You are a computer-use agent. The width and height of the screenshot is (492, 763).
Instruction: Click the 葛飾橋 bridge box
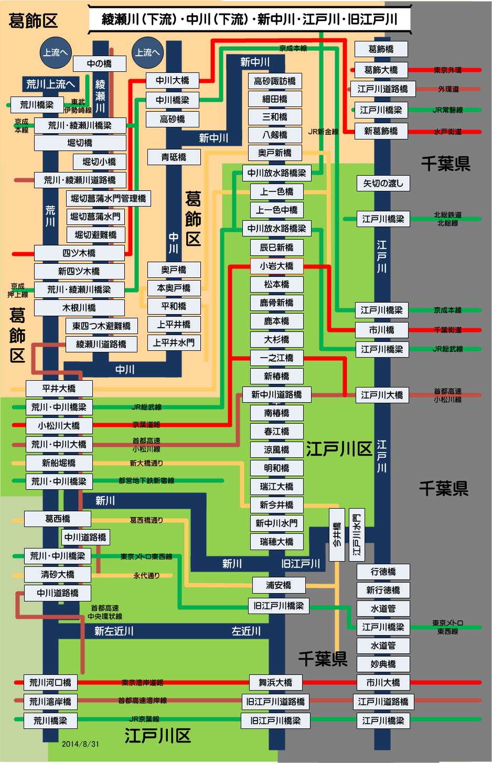tap(381, 49)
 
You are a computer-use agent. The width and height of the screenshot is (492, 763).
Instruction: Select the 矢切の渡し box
tap(383, 183)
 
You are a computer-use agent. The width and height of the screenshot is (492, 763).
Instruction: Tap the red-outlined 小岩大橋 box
tap(276, 266)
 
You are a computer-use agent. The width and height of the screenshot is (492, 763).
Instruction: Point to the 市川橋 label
tap(381, 330)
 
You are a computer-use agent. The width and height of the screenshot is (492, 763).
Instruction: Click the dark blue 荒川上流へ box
tap(50, 84)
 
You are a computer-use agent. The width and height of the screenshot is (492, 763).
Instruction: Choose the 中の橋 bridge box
tap(99, 63)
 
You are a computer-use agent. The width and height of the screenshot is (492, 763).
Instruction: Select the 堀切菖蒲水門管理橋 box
tap(109, 198)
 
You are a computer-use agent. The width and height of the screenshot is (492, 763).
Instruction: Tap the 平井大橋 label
tap(59, 389)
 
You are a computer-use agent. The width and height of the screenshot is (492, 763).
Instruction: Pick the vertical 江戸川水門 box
tap(357, 534)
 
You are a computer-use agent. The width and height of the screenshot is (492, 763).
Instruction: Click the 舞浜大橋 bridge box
tap(275, 682)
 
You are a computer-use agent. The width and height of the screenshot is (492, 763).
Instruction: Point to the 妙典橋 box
tap(383, 664)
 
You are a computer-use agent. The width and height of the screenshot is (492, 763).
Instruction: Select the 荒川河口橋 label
tap(50, 683)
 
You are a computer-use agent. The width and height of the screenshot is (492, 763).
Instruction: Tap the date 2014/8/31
tap(80, 744)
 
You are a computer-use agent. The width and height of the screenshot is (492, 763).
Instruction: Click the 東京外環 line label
tap(447, 70)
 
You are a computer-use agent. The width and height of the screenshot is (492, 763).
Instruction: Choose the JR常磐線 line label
tap(447, 110)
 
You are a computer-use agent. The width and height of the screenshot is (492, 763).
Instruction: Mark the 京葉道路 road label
tap(146, 425)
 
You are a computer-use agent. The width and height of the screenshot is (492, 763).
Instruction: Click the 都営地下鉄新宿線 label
tap(146, 480)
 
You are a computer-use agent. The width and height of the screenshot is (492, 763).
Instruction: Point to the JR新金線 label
tap(323, 132)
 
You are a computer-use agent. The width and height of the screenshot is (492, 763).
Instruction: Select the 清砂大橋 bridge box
tap(58, 574)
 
